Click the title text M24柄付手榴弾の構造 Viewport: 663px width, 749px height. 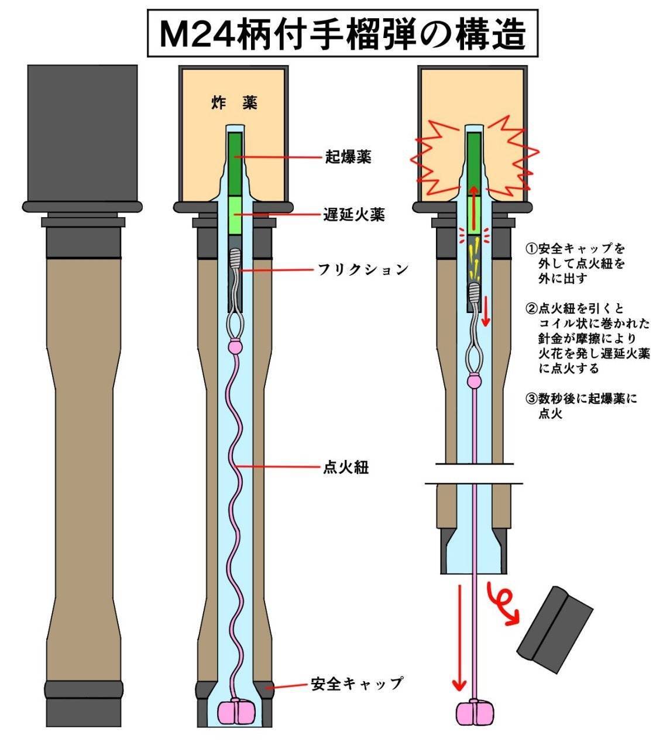tap(342, 34)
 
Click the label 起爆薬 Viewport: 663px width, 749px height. tap(348, 157)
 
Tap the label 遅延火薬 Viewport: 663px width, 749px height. tap(354, 214)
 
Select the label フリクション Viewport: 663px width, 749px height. tap(363, 270)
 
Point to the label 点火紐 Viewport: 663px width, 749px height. tap(346, 468)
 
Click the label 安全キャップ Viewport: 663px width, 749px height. tap(357, 683)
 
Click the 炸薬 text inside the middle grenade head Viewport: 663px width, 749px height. tap(234, 102)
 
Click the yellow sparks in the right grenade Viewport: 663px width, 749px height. tap(475, 259)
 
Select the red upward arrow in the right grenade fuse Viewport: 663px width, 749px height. tap(473, 208)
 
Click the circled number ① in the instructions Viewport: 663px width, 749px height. tap(531, 248)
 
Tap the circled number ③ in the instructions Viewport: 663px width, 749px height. tap(531, 398)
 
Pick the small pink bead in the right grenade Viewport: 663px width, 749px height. tap(475, 381)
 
